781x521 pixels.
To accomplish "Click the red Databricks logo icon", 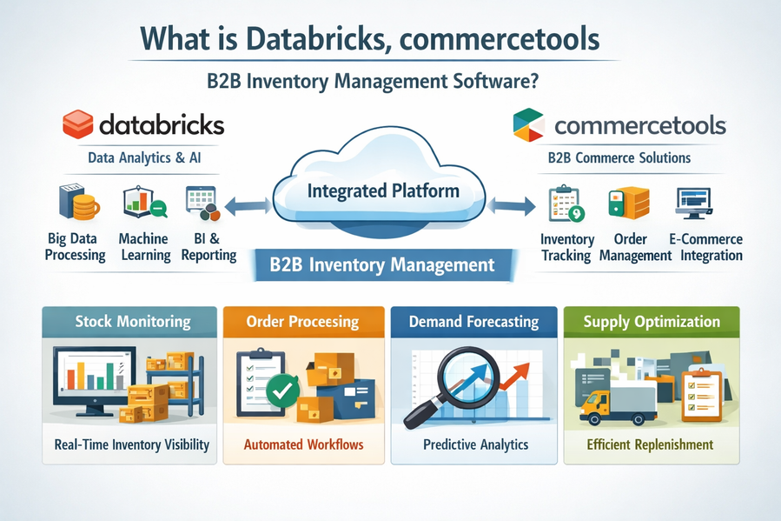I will (76, 124).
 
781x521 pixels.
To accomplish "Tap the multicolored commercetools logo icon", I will (528, 124).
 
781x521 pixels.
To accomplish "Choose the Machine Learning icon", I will (142, 201).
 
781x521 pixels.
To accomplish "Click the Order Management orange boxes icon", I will (628, 203).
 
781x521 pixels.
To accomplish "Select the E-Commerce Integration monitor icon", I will (693, 202).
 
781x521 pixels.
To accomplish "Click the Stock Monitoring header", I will (132, 321).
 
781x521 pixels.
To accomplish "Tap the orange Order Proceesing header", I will (302, 321).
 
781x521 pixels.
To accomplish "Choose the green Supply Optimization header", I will (652, 321).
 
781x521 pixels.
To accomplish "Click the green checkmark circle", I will (281, 391).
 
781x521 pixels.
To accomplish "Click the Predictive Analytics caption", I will (475, 444).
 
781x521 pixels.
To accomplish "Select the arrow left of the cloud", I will (246, 206).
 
